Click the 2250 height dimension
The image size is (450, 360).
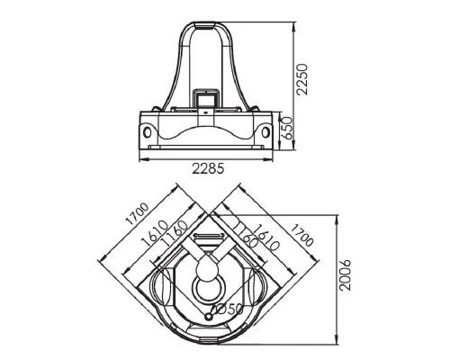(x=301, y=79)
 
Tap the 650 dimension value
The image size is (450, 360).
(x=287, y=128)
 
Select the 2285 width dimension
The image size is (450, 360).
(x=208, y=168)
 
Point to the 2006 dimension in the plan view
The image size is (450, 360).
(x=345, y=274)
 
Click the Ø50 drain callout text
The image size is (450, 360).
(x=229, y=309)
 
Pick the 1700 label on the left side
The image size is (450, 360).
(x=137, y=214)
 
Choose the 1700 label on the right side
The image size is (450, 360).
(x=302, y=235)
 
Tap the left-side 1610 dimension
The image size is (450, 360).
(x=155, y=233)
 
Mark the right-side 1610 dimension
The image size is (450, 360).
(x=266, y=237)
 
